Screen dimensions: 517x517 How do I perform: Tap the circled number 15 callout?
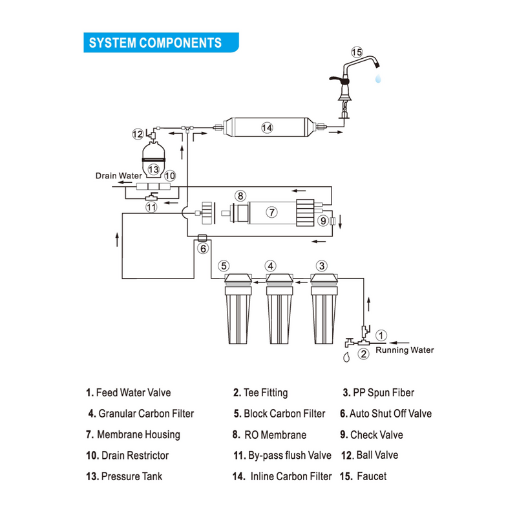coord(357,52)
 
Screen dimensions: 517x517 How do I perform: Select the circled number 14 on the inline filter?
coord(267,128)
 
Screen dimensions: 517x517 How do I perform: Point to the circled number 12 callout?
coord(138,134)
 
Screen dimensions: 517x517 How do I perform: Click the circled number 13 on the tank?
coord(153,169)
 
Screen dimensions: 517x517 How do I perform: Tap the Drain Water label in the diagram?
coord(119,175)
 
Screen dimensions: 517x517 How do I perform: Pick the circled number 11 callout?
coord(151,207)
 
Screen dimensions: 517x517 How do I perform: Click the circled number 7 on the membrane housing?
coord(272,211)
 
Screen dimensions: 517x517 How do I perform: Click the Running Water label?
coord(405,350)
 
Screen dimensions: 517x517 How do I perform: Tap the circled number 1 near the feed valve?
coord(382,335)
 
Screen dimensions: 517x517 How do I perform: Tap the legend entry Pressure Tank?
coord(132,476)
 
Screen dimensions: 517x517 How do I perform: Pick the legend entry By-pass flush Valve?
coord(290,456)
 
